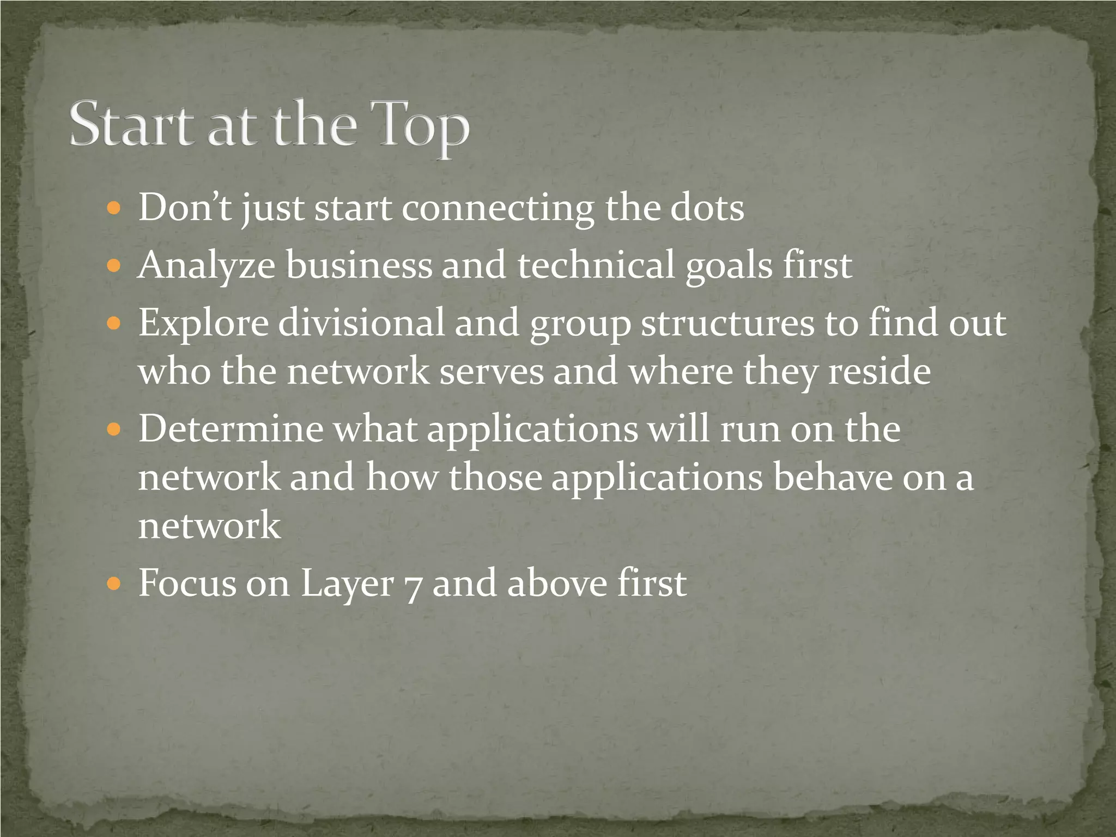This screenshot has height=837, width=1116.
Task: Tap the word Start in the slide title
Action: [x=131, y=124]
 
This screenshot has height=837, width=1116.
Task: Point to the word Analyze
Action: [x=207, y=266]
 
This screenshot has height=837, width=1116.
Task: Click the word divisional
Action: [x=361, y=322]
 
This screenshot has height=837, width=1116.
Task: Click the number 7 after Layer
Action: [x=413, y=585]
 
